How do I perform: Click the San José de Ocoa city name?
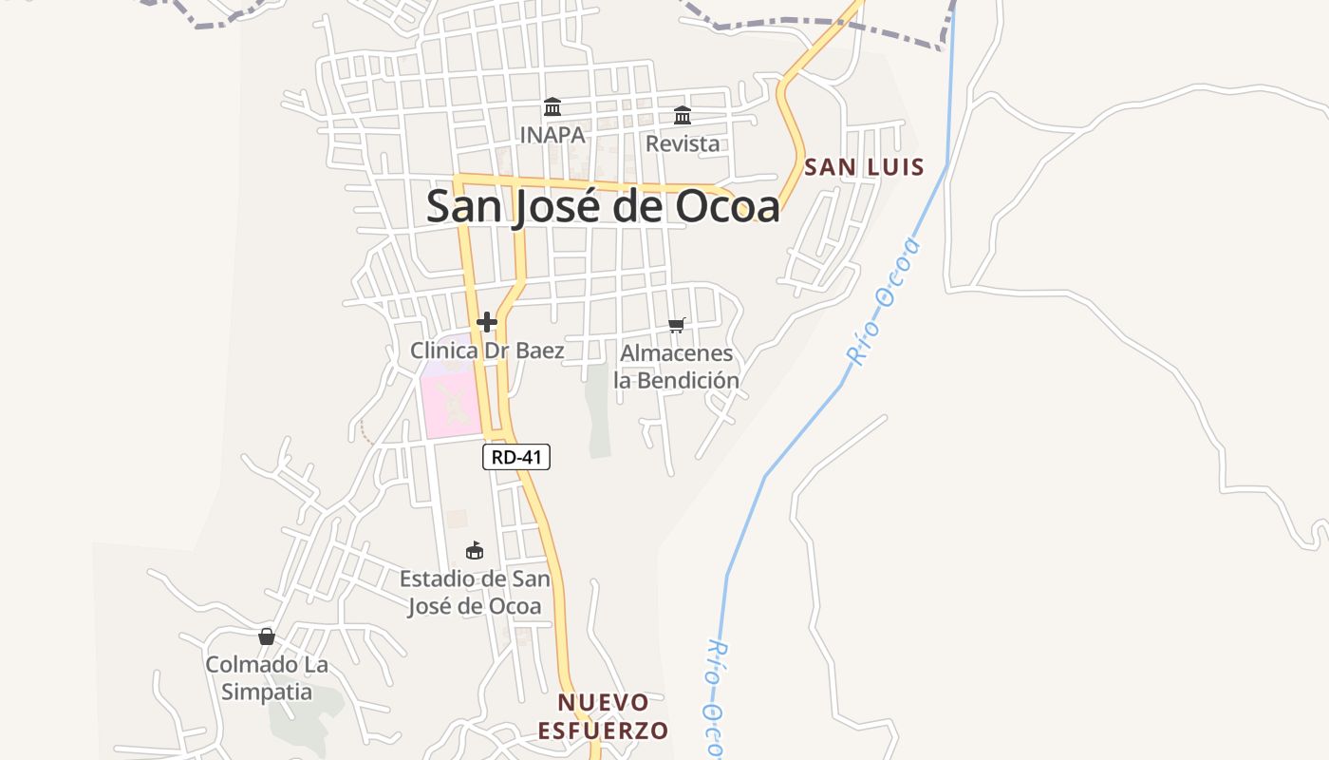(603, 206)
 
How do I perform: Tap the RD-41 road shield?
(516, 457)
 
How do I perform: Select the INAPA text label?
(552, 135)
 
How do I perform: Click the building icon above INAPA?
(552, 106)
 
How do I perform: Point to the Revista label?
(682, 144)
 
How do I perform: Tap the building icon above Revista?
(683, 116)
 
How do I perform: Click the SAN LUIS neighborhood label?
(864, 168)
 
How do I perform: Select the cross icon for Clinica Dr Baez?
(487, 322)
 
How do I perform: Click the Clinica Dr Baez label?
(487, 351)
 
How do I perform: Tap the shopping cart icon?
(677, 325)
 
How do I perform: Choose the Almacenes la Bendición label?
(676, 367)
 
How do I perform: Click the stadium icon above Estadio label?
(475, 550)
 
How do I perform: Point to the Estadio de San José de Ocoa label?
(475, 592)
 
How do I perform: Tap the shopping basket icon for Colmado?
(267, 636)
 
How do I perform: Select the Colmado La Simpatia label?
(267, 677)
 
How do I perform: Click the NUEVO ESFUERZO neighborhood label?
(604, 716)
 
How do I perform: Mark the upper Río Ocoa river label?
(885, 302)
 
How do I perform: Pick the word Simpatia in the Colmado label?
(267, 692)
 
